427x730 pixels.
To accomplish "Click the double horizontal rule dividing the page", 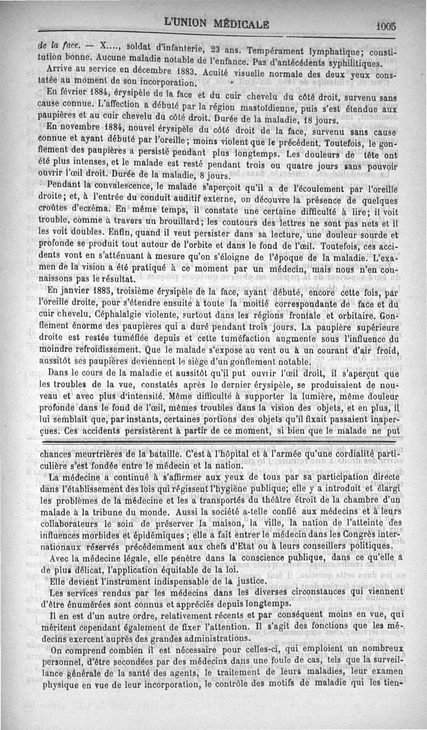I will [x=213, y=441].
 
